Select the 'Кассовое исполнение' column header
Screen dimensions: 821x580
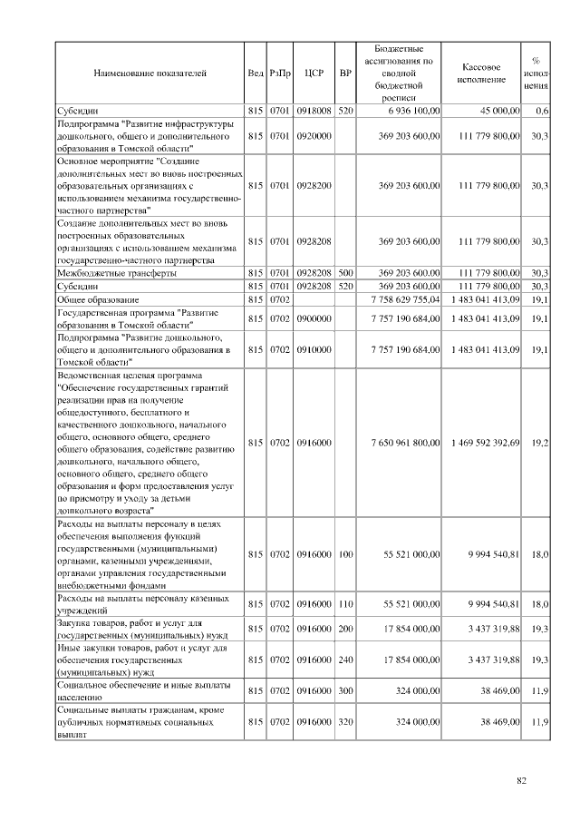click(481, 73)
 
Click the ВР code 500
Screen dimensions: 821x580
click(345, 272)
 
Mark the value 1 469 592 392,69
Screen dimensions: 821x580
click(485, 442)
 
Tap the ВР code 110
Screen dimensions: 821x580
click(345, 603)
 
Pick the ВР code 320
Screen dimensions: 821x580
click(345, 722)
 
